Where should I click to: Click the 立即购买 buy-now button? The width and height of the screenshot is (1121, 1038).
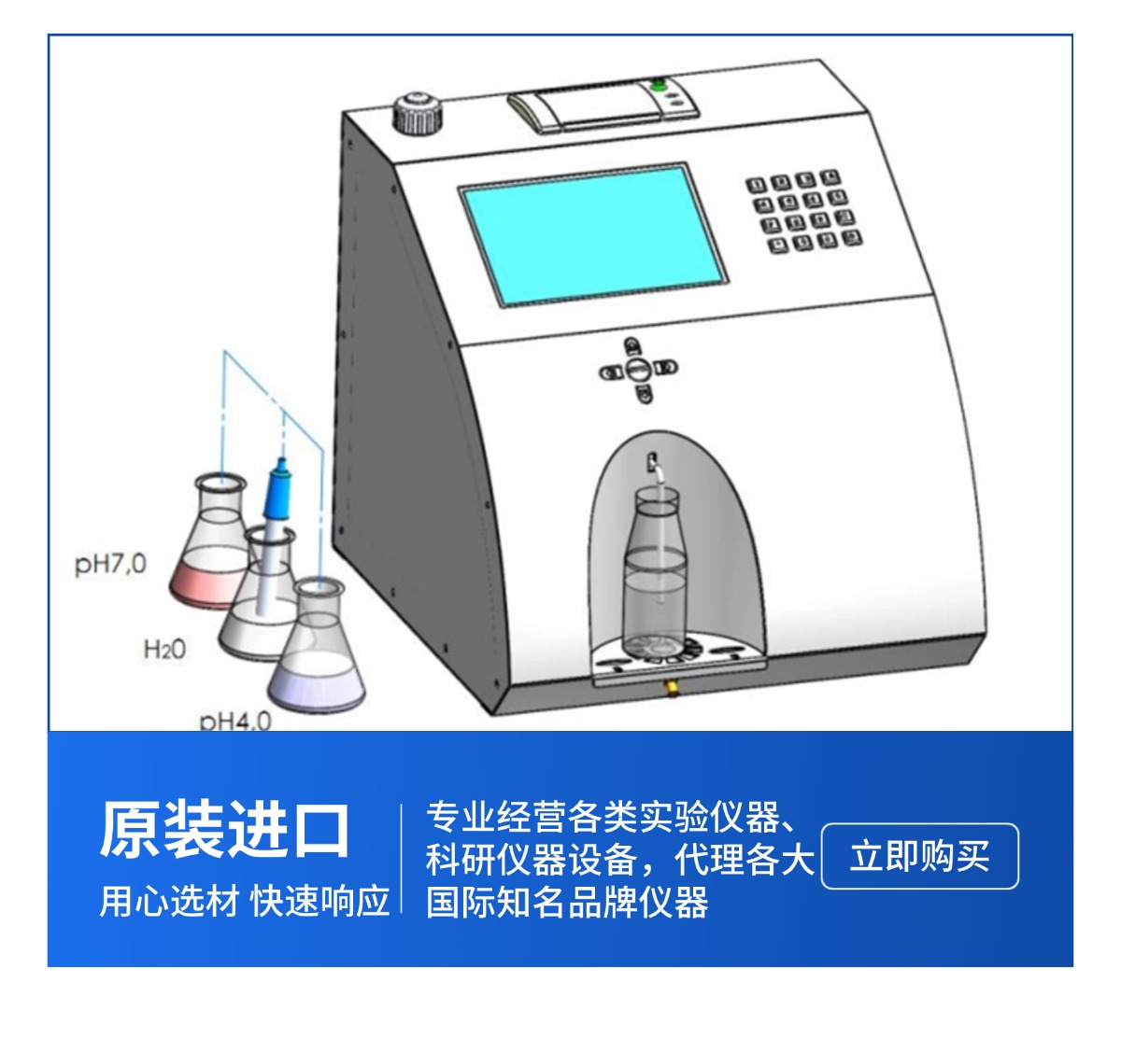pyautogui.click(x=919, y=856)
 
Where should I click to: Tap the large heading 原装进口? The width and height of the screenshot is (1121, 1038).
pyautogui.click(x=224, y=830)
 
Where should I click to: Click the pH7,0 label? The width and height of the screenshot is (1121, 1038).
pyautogui.click(x=110, y=564)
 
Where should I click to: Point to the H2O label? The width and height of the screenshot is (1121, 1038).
pyautogui.click(x=164, y=650)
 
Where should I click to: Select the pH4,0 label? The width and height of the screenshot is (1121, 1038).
pyautogui.click(x=235, y=721)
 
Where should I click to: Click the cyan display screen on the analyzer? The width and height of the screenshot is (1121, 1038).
pyautogui.click(x=592, y=235)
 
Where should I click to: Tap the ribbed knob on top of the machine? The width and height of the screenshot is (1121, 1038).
pyautogui.click(x=418, y=114)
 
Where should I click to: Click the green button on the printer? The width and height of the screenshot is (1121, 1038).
pyautogui.click(x=657, y=86)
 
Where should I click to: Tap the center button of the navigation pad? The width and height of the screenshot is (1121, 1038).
pyautogui.click(x=638, y=370)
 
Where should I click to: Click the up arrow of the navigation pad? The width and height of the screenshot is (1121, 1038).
pyautogui.click(x=631, y=345)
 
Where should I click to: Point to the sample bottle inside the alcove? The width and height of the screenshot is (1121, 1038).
pyautogui.click(x=655, y=574)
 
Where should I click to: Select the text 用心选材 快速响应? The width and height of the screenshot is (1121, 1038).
pyautogui.click(x=245, y=901)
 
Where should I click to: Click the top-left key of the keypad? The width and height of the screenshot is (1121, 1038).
pyautogui.click(x=757, y=185)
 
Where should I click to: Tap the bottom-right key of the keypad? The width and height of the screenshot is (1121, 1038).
pyautogui.click(x=852, y=237)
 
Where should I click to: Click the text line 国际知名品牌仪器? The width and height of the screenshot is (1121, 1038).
pyautogui.click(x=567, y=903)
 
